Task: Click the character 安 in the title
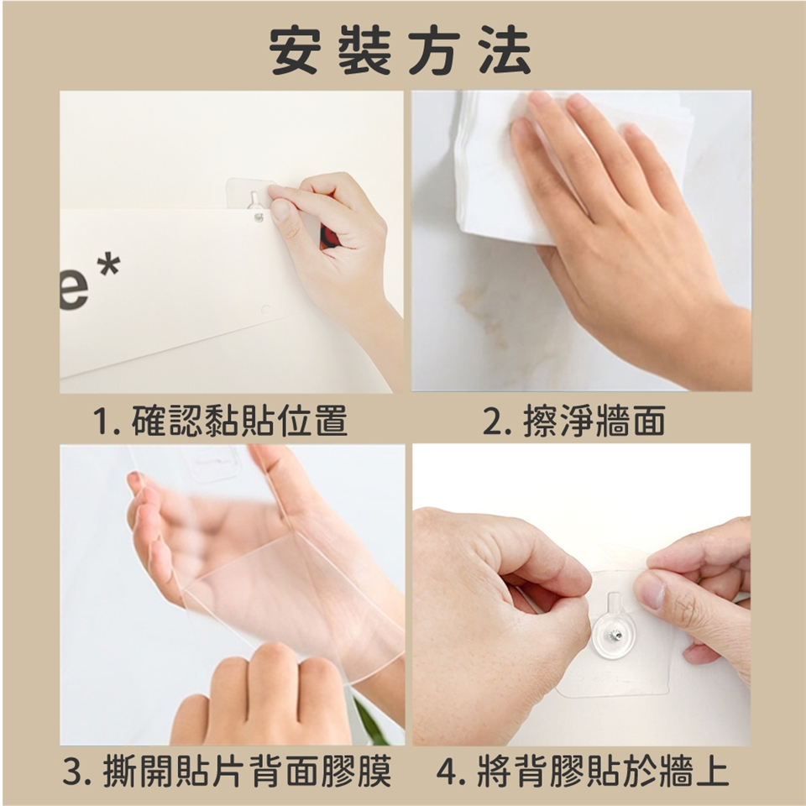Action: click(x=295, y=50)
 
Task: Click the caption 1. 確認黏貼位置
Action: click(x=220, y=421)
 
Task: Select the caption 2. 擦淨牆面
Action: click(x=574, y=421)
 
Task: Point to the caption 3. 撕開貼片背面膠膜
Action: click(x=227, y=771)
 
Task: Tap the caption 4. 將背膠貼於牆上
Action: click(x=583, y=771)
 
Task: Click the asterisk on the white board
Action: click(x=108, y=265)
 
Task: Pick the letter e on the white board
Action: click(x=74, y=293)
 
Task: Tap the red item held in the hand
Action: click(x=328, y=237)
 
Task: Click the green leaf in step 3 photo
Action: click(x=371, y=722)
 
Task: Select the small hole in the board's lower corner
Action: click(x=265, y=310)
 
